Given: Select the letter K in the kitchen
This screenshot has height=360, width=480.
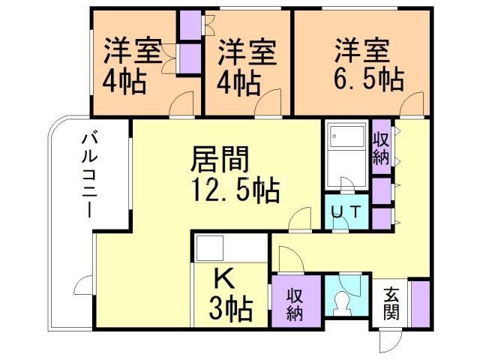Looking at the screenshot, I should point(223,279).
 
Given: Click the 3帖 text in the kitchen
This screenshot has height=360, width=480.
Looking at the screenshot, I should point(230,307).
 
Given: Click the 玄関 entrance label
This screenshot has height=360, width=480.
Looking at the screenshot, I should point(390,302).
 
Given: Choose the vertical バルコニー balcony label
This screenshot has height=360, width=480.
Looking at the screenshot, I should point(89,174).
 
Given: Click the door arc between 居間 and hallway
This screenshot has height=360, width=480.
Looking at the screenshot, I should point(301,220).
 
